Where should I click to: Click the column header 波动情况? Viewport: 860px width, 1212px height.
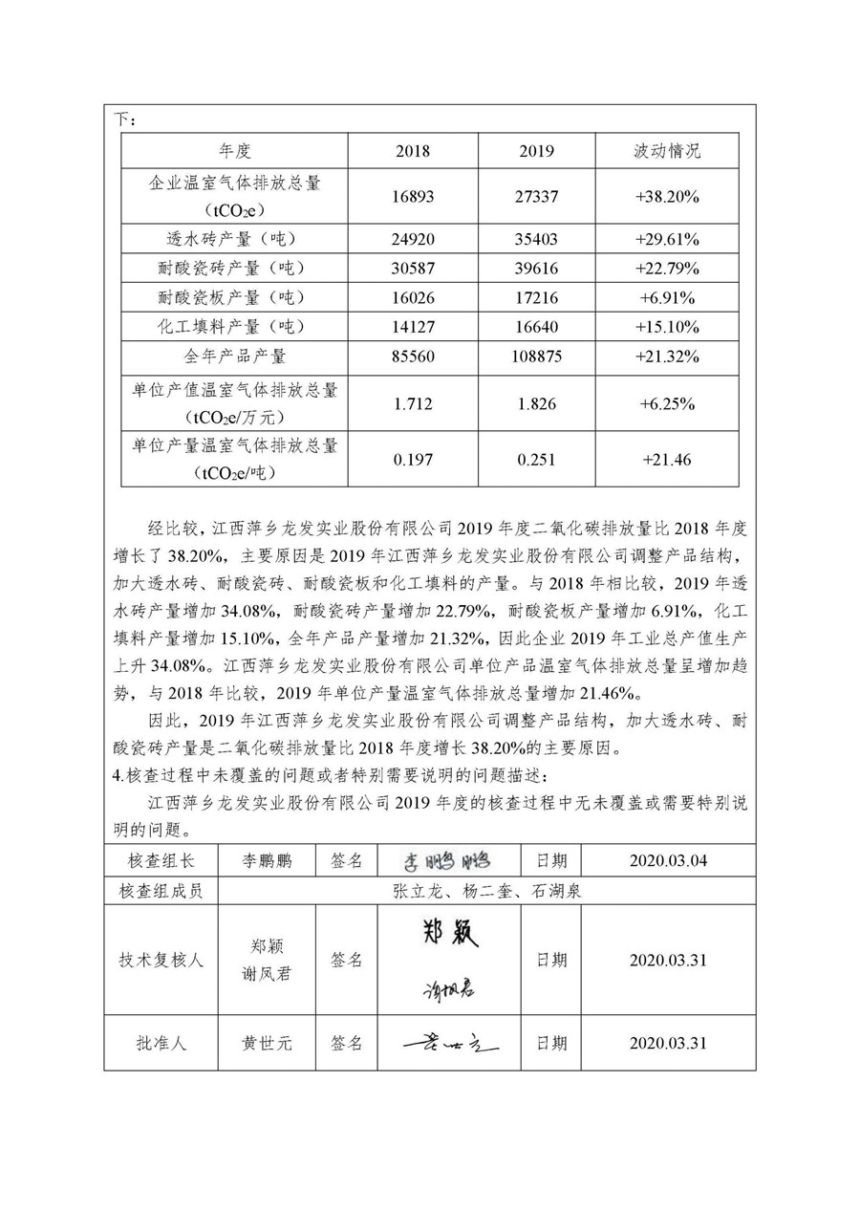[x=668, y=151]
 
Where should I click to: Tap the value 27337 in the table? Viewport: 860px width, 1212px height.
[x=536, y=196]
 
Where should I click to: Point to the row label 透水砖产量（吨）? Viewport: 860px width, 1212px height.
[x=235, y=239]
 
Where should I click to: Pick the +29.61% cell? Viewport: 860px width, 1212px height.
[x=668, y=239]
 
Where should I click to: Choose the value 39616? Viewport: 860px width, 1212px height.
[x=536, y=268]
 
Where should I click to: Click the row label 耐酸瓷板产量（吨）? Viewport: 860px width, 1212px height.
[x=235, y=297]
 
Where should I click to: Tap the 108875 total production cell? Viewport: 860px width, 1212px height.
[x=536, y=357]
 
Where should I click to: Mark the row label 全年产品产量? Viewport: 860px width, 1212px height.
[x=235, y=357]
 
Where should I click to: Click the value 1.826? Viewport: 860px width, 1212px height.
[x=536, y=402]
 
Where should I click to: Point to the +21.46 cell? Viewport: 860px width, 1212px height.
[x=668, y=460]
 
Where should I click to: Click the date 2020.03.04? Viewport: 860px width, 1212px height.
[x=668, y=861]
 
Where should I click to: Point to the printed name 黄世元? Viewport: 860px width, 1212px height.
[x=268, y=1043]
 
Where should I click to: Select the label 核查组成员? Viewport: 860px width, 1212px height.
[x=161, y=891]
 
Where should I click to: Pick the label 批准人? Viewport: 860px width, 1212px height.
[x=161, y=1043]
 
